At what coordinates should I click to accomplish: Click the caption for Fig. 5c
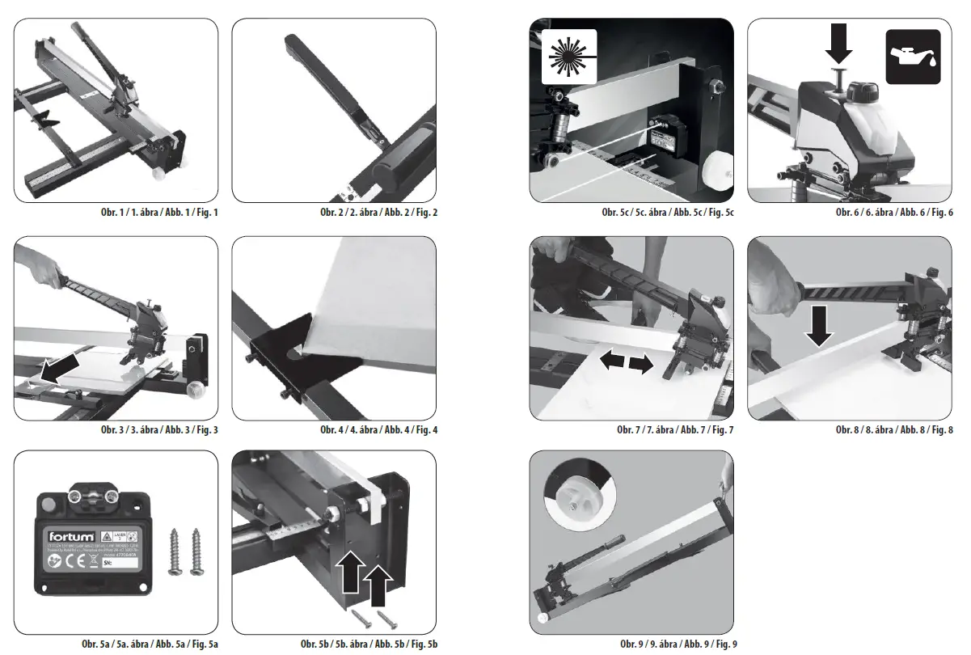(667, 213)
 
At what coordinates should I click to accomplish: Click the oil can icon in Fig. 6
(913, 57)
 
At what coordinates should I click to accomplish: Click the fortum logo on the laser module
(70, 536)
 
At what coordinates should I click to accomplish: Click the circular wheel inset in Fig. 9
(579, 497)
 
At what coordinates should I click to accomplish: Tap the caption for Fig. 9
(678, 644)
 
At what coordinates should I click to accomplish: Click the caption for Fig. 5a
(150, 644)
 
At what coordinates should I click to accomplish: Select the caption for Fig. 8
(894, 429)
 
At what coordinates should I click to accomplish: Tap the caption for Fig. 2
(378, 213)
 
